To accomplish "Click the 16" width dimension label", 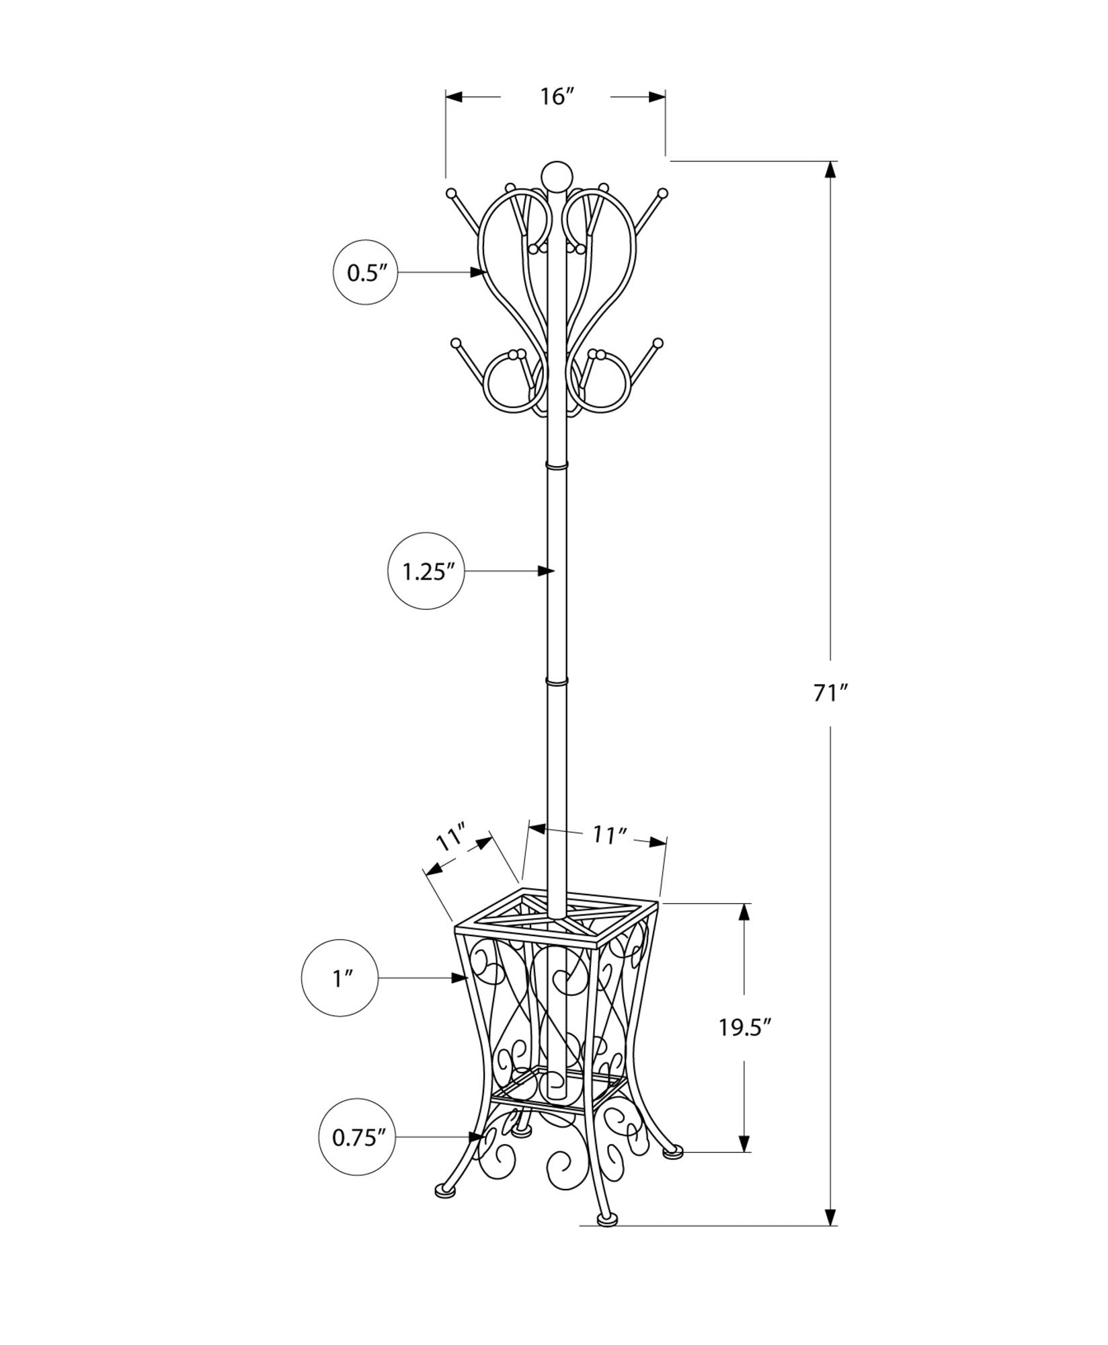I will pyautogui.click(x=555, y=97).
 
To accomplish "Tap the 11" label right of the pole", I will pyautogui.click(x=609, y=835).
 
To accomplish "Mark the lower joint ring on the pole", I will pyautogui.click(x=557, y=682).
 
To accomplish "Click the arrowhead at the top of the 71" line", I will pyautogui.click(x=831, y=169).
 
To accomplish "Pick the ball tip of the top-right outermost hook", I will pyautogui.click(x=663, y=192).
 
